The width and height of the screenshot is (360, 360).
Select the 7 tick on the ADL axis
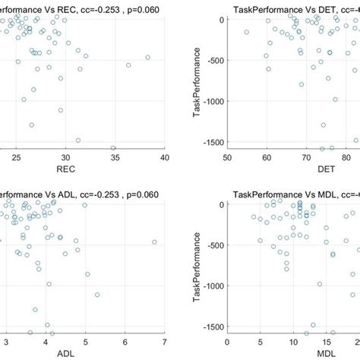164,343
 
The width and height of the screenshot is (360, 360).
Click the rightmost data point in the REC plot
148,57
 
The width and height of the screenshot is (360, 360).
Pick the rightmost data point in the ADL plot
154,242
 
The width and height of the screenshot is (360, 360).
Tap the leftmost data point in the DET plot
246,32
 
